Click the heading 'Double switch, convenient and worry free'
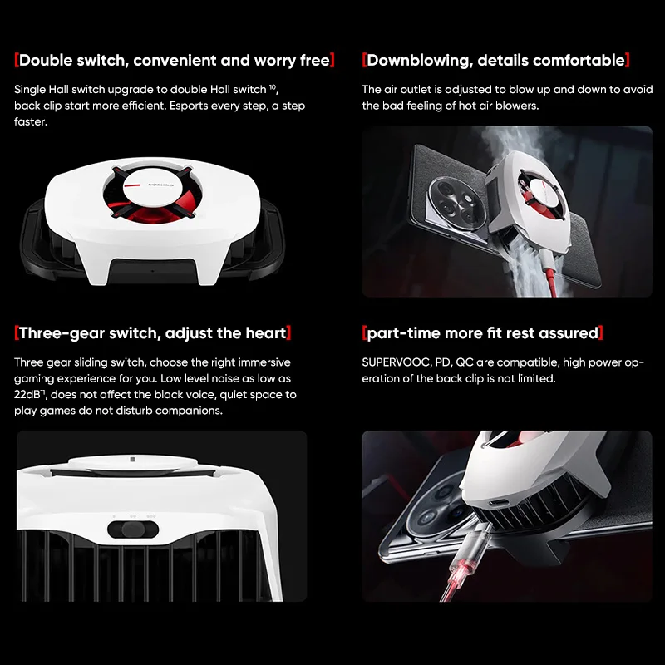[x=175, y=60]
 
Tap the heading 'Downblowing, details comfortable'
[x=495, y=60]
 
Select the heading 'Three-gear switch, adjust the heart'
[x=152, y=333]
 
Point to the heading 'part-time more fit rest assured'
[x=483, y=333]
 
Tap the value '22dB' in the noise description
[x=30, y=395]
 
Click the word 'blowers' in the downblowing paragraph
[x=518, y=106]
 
